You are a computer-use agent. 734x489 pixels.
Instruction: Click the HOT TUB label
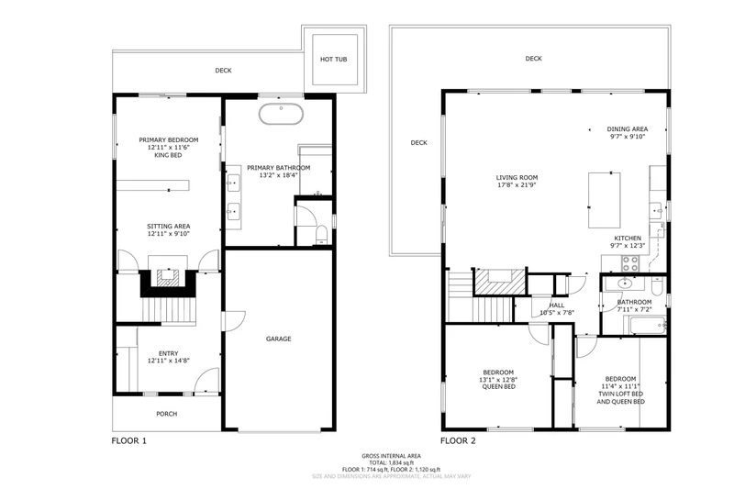pyautogui.click(x=333, y=60)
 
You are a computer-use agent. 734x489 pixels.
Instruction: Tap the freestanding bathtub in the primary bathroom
pyautogui.click(x=281, y=114)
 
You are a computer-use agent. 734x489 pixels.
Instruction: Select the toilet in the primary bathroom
pyautogui.click(x=322, y=235)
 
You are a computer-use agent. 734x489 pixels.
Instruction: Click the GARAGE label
pyautogui.click(x=279, y=339)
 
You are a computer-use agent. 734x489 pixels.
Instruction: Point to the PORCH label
pyautogui.click(x=167, y=414)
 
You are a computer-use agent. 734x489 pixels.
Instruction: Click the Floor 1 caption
pyautogui.click(x=128, y=440)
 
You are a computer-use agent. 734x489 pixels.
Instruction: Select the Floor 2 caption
pyautogui.click(x=458, y=440)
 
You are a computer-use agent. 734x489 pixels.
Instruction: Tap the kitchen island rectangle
pyautogui.click(x=605, y=200)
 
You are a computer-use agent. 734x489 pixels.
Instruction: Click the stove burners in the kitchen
pyautogui.click(x=630, y=263)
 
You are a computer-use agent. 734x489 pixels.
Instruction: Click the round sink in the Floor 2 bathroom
pyautogui.click(x=624, y=283)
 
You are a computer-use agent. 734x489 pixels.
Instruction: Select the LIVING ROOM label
pyautogui.click(x=517, y=178)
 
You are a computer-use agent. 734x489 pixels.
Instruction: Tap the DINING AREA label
pyautogui.click(x=628, y=129)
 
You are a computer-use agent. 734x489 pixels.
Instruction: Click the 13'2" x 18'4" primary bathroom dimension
pyautogui.click(x=279, y=175)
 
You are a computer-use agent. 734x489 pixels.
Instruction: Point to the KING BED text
pyautogui.click(x=168, y=155)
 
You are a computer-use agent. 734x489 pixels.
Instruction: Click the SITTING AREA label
pyautogui.click(x=169, y=227)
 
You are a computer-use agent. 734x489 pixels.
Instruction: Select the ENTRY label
pyautogui.click(x=169, y=354)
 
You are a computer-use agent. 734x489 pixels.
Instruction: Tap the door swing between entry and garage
pyautogui.click(x=234, y=321)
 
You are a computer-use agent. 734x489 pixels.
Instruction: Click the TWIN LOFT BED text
pyautogui.click(x=621, y=394)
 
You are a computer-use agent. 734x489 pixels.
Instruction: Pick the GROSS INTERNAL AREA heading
pyautogui.click(x=391, y=456)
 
